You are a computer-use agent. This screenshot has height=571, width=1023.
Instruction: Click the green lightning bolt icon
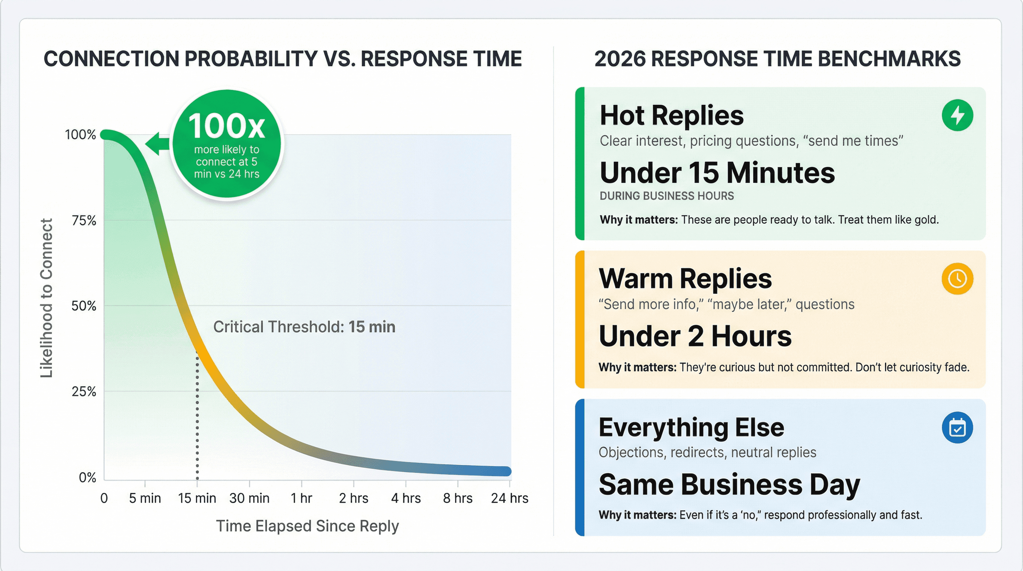[957, 115]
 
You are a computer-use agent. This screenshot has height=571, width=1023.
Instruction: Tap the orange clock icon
[957, 278]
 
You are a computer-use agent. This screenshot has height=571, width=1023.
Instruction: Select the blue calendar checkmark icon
[957, 428]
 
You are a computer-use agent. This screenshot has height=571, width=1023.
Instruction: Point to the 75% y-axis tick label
[84, 220]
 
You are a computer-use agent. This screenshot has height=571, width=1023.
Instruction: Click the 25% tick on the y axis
[84, 391]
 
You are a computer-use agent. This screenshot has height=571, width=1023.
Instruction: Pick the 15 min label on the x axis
[197, 498]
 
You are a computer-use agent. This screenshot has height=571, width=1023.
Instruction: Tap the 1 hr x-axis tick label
[301, 498]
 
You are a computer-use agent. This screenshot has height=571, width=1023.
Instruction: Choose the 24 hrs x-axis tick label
[510, 498]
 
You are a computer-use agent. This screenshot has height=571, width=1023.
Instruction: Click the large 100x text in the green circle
[226, 126]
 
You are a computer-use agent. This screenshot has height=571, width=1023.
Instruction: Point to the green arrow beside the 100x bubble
[157, 143]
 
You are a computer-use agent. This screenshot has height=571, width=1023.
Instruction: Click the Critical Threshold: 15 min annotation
[304, 327]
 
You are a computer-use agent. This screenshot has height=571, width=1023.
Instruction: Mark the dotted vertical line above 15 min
[197, 417]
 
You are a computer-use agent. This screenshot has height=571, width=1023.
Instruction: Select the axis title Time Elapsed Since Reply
[307, 526]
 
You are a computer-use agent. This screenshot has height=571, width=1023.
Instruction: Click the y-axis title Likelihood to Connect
[46, 298]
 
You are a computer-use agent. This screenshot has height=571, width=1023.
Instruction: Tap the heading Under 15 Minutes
[717, 173]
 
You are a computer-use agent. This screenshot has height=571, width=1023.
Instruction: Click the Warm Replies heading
[685, 278]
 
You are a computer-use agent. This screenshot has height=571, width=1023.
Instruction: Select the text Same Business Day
[729, 484]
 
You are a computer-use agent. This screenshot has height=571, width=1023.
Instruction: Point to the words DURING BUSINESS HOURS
[667, 196]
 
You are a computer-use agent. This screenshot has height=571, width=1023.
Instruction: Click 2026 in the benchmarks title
[620, 59]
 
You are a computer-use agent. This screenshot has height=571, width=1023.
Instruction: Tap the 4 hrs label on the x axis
[406, 498]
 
